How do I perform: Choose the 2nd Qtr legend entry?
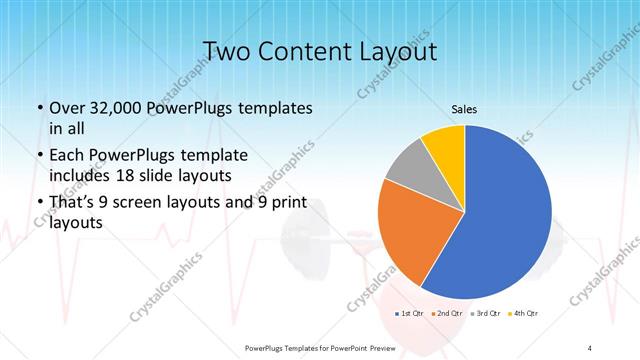pos(449,314)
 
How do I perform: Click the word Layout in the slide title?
pos(395,51)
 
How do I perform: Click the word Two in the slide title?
pos(224,51)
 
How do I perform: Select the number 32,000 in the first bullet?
pos(114,108)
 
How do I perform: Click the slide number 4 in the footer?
pos(590,346)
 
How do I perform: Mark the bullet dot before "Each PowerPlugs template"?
pos(38,156)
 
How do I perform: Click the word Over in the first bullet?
pos(66,108)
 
